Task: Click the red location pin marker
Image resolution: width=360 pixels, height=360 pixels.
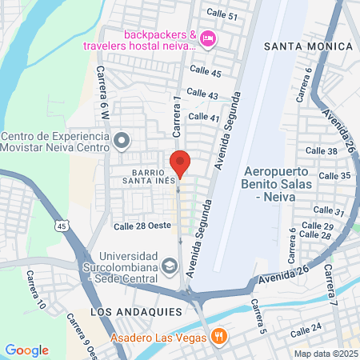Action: click(180, 163)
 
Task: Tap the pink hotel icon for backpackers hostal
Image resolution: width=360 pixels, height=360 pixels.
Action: click(207, 38)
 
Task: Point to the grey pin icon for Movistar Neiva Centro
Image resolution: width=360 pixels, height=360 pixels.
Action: click(122, 142)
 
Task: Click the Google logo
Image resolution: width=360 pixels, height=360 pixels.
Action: click(27, 350)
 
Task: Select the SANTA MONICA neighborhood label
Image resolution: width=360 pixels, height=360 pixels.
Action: click(308, 46)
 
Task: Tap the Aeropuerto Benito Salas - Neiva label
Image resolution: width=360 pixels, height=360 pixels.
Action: click(285, 183)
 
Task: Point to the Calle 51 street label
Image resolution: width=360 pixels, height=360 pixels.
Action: click(222, 14)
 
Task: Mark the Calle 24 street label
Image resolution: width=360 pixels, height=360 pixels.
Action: click(305, 327)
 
